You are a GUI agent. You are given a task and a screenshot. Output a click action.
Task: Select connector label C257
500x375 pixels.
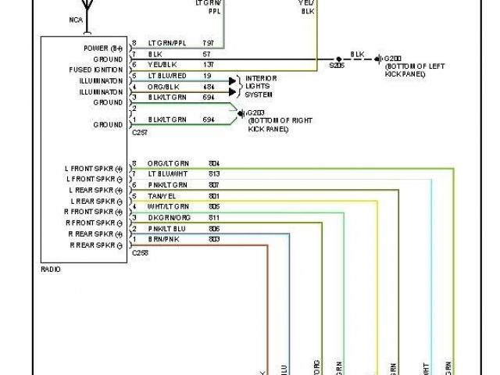(x=139, y=133)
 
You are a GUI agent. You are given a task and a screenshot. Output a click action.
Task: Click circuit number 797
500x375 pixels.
(x=209, y=42)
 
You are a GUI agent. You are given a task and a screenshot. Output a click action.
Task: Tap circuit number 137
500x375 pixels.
(x=209, y=64)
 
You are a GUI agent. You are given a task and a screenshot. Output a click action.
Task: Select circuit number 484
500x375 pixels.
(x=209, y=86)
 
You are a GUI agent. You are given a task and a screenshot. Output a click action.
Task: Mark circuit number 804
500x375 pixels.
(x=214, y=162)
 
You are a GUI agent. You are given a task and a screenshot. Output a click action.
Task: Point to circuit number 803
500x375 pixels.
(x=214, y=239)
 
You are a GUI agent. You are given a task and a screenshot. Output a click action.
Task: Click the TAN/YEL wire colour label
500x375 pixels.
(x=161, y=195)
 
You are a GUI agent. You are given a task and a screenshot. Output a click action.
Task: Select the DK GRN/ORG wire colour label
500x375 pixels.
(x=168, y=217)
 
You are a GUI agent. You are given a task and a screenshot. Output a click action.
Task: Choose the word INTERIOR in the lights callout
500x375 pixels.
(x=261, y=78)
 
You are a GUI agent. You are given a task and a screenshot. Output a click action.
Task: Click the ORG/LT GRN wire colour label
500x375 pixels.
(x=168, y=162)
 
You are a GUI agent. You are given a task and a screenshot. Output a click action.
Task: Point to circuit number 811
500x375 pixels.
(x=214, y=217)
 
